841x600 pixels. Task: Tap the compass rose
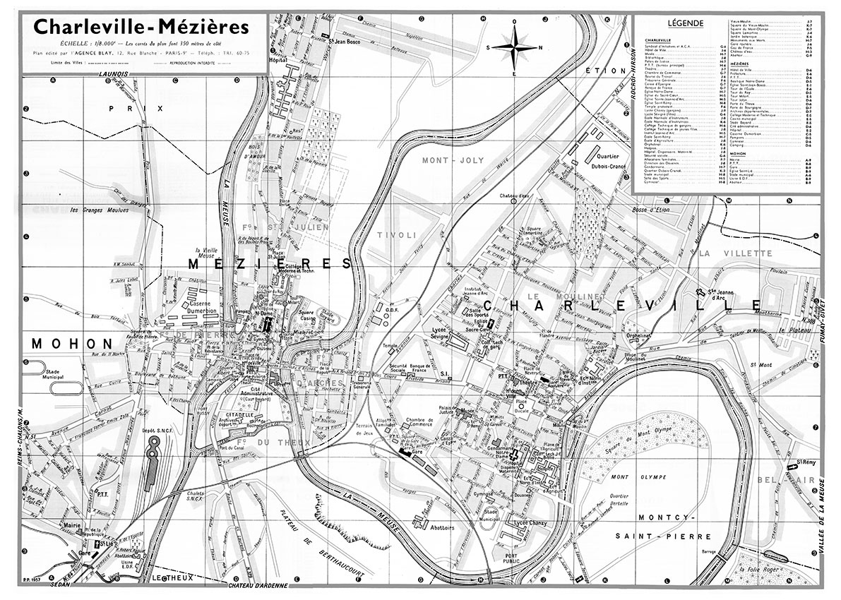pos(515,47)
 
